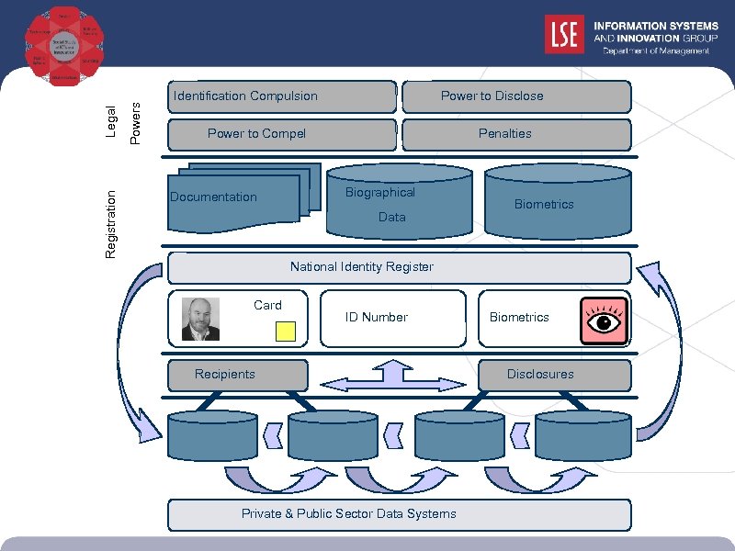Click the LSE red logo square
click(x=563, y=34)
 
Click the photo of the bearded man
click(x=200, y=319)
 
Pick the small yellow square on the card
click(x=286, y=331)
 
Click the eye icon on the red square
click(x=604, y=320)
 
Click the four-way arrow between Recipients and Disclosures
click(x=394, y=377)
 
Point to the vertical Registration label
click(x=111, y=223)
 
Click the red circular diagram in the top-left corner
click(x=63, y=46)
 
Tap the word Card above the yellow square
click(x=267, y=305)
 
